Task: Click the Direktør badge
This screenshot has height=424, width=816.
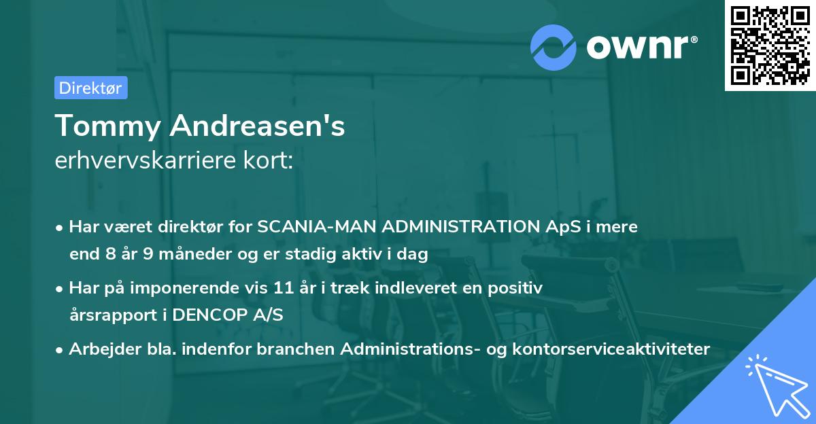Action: point(90,88)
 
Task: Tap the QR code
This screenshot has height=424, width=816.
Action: point(769,45)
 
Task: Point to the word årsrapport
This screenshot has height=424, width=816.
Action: point(110,316)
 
